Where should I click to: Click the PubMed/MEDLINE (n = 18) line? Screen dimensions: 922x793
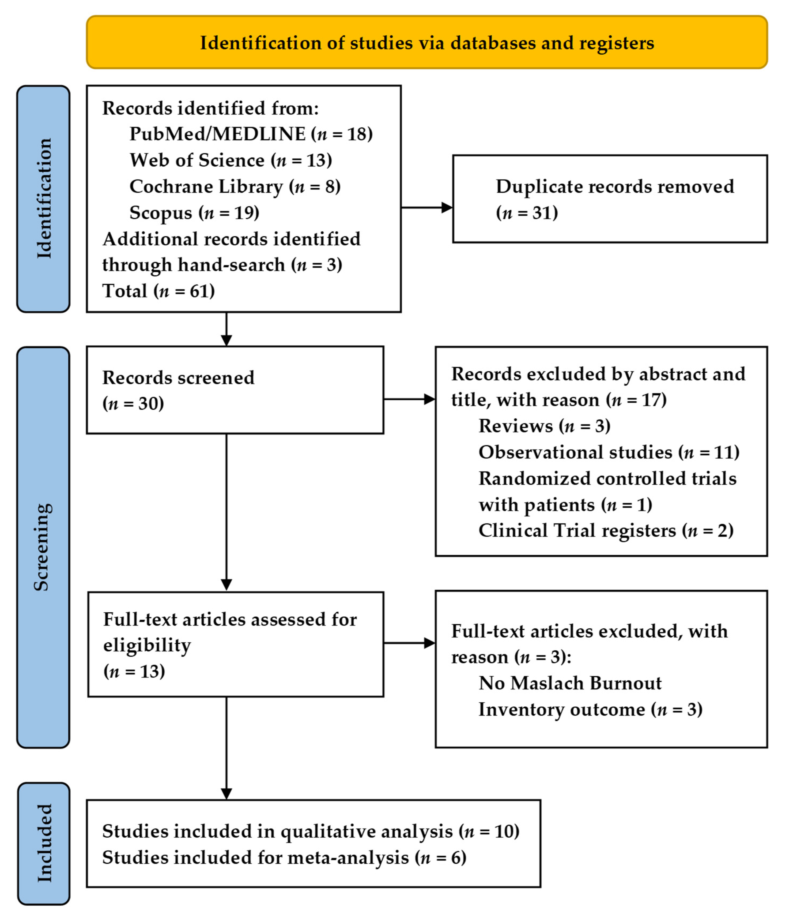coord(251,134)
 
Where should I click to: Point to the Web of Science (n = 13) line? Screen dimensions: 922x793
coord(231,160)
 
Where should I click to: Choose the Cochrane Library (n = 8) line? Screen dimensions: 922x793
coord(235,186)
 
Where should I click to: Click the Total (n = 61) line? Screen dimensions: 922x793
coord(158,291)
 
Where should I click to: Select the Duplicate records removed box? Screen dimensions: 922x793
coord(610,199)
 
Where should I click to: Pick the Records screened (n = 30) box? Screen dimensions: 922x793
coord(235,390)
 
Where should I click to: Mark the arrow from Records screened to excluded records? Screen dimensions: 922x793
coord(409,399)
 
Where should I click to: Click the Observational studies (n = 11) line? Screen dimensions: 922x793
coord(609,452)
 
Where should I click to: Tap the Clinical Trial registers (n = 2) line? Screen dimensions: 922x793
coord(606,530)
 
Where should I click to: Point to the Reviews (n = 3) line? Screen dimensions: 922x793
coord(544,426)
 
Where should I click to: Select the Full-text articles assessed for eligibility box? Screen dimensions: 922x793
coord(236,644)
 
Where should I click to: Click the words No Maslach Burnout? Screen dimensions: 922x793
coord(570,683)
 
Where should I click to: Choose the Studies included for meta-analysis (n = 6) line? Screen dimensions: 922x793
coord(284,857)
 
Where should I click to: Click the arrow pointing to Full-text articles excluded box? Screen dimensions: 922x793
coord(409,643)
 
